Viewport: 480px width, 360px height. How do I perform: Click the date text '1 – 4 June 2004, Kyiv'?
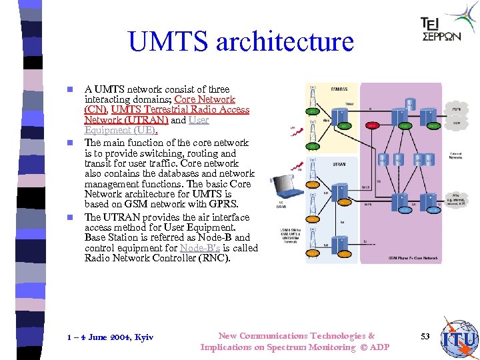point(110,337)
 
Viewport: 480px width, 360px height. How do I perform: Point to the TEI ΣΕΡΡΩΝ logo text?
point(441,30)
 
